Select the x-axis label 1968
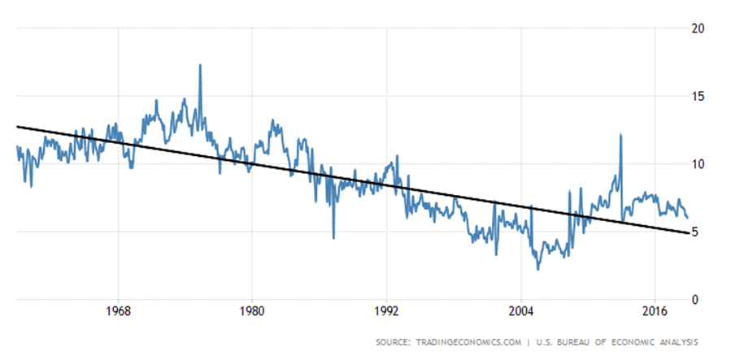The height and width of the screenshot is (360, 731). pos(119,312)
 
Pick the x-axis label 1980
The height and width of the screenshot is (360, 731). pos(252,312)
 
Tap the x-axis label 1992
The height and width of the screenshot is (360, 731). pos(386,312)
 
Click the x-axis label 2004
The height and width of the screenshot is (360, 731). pos(520,312)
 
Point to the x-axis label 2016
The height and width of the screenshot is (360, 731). pos(655,312)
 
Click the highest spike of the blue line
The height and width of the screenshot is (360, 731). pos(200,65)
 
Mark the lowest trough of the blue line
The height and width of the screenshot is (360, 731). pos(537,269)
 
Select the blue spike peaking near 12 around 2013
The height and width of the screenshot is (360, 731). pos(621,135)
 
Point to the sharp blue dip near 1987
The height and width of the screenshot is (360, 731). pos(333,237)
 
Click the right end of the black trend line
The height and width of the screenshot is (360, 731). pos(689,233)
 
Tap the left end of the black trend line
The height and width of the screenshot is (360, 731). pos(17,126)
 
